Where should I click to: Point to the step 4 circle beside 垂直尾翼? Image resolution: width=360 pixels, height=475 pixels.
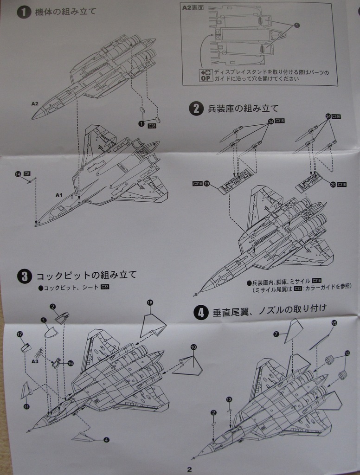click(200, 313)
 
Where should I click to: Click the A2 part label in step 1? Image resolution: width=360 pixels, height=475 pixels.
click(35, 104)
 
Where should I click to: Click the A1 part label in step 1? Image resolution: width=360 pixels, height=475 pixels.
click(58, 195)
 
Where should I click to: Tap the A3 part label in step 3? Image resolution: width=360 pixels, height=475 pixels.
click(35, 360)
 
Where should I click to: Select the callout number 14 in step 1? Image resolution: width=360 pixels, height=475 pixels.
click(18, 174)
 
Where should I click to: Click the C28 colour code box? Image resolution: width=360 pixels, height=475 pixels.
click(152, 126)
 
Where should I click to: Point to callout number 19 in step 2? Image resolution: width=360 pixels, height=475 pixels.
click(206, 184)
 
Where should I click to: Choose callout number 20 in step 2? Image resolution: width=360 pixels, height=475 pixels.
click(333, 184)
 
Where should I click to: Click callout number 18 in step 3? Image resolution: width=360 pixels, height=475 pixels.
click(150, 302)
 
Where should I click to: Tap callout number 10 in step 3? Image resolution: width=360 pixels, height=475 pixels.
click(193, 347)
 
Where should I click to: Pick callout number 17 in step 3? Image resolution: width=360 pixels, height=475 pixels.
click(19, 334)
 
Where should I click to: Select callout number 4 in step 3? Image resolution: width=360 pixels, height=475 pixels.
click(107, 439)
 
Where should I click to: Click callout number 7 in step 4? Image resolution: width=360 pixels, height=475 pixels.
click(276, 334)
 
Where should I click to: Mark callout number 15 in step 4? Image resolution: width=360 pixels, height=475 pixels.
click(334, 322)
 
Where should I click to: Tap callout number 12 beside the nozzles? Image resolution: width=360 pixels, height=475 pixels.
click(347, 353)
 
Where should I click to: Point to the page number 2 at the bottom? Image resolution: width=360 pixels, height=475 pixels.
click(189, 469)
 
